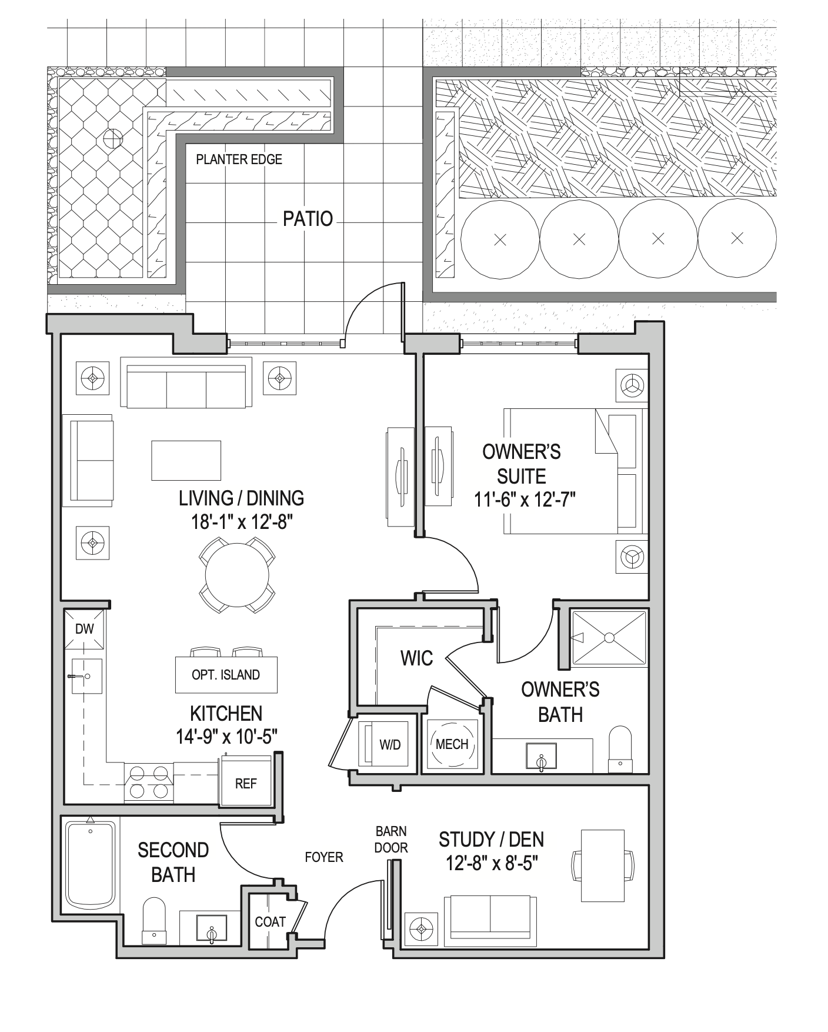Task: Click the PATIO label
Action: [308, 219]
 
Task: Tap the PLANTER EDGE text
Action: [239, 159]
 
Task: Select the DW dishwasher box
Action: [85, 628]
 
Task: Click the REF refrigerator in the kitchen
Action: [246, 783]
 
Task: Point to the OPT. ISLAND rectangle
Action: [226, 675]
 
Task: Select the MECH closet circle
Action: [452, 744]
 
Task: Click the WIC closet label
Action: [416, 658]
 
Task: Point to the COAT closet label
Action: [270, 922]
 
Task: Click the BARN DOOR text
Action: [391, 840]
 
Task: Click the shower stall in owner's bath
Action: [609, 638]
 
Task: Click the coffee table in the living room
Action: [186, 461]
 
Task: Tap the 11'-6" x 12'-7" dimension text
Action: [525, 500]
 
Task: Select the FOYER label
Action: [323, 857]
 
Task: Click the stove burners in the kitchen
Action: [149, 782]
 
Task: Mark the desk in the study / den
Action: [602, 865]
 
